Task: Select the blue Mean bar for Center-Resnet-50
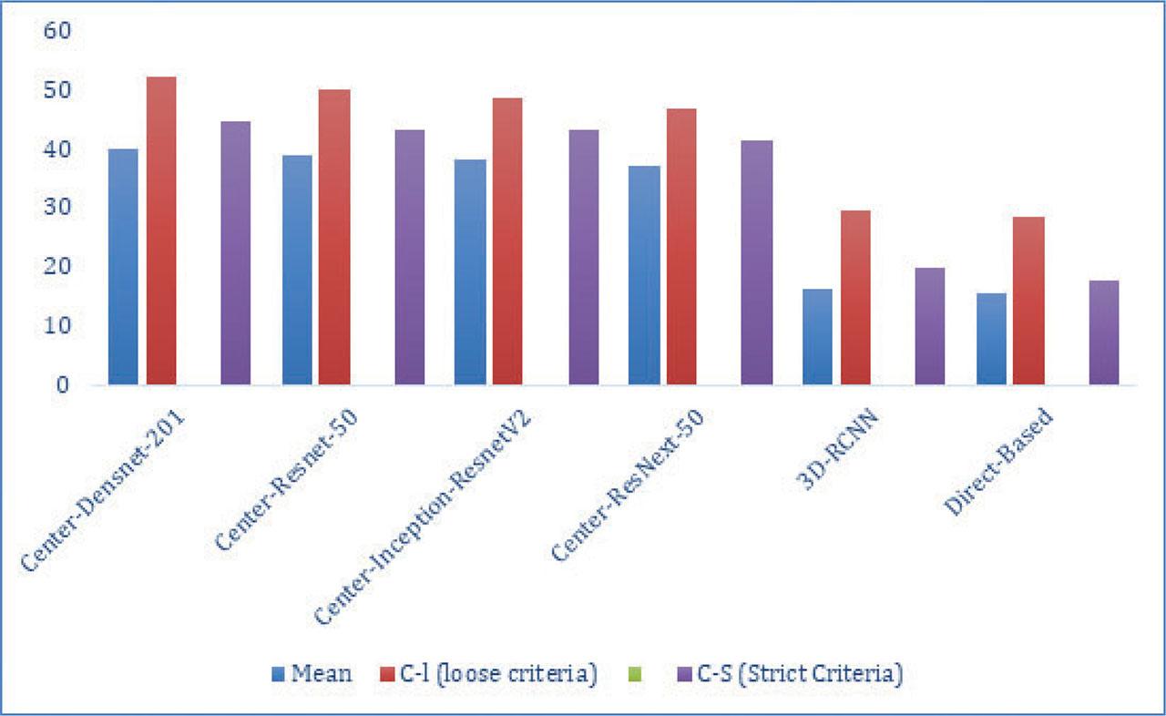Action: pos(297,270)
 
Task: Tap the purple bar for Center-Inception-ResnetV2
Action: pos(584,257)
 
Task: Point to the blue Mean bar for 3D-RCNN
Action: pos(817,337)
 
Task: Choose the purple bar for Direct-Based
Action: pos(1104,332)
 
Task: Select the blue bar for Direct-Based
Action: pos(991,339)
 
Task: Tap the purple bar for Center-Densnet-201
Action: pos(236,252)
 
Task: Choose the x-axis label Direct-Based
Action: pos(999,463)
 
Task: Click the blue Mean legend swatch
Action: pos(279,675)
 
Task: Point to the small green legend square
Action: pos(636,675)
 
